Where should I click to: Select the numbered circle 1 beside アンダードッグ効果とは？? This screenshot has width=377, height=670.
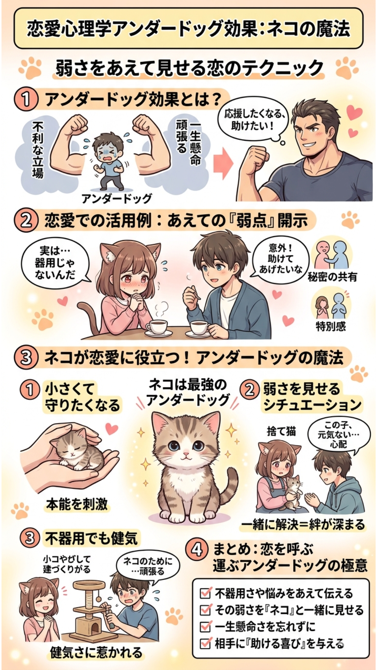point(26,99)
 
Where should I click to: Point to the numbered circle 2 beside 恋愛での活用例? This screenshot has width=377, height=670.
point(26,221)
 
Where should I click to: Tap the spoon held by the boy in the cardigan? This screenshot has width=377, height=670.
point(196,292)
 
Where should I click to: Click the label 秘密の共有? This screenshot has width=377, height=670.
point(332,277)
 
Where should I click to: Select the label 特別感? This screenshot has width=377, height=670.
point(331,326)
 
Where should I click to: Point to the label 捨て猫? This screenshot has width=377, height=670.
point(281,431)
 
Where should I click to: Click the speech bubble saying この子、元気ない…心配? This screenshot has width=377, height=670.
point(338,435)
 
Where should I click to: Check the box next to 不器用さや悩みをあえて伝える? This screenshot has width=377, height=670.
point(205,593)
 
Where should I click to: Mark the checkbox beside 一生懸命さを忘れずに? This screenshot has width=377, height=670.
point(205,626)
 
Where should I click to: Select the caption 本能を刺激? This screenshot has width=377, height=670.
point(77,504)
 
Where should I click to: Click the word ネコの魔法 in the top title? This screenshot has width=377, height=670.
point(308,28)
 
